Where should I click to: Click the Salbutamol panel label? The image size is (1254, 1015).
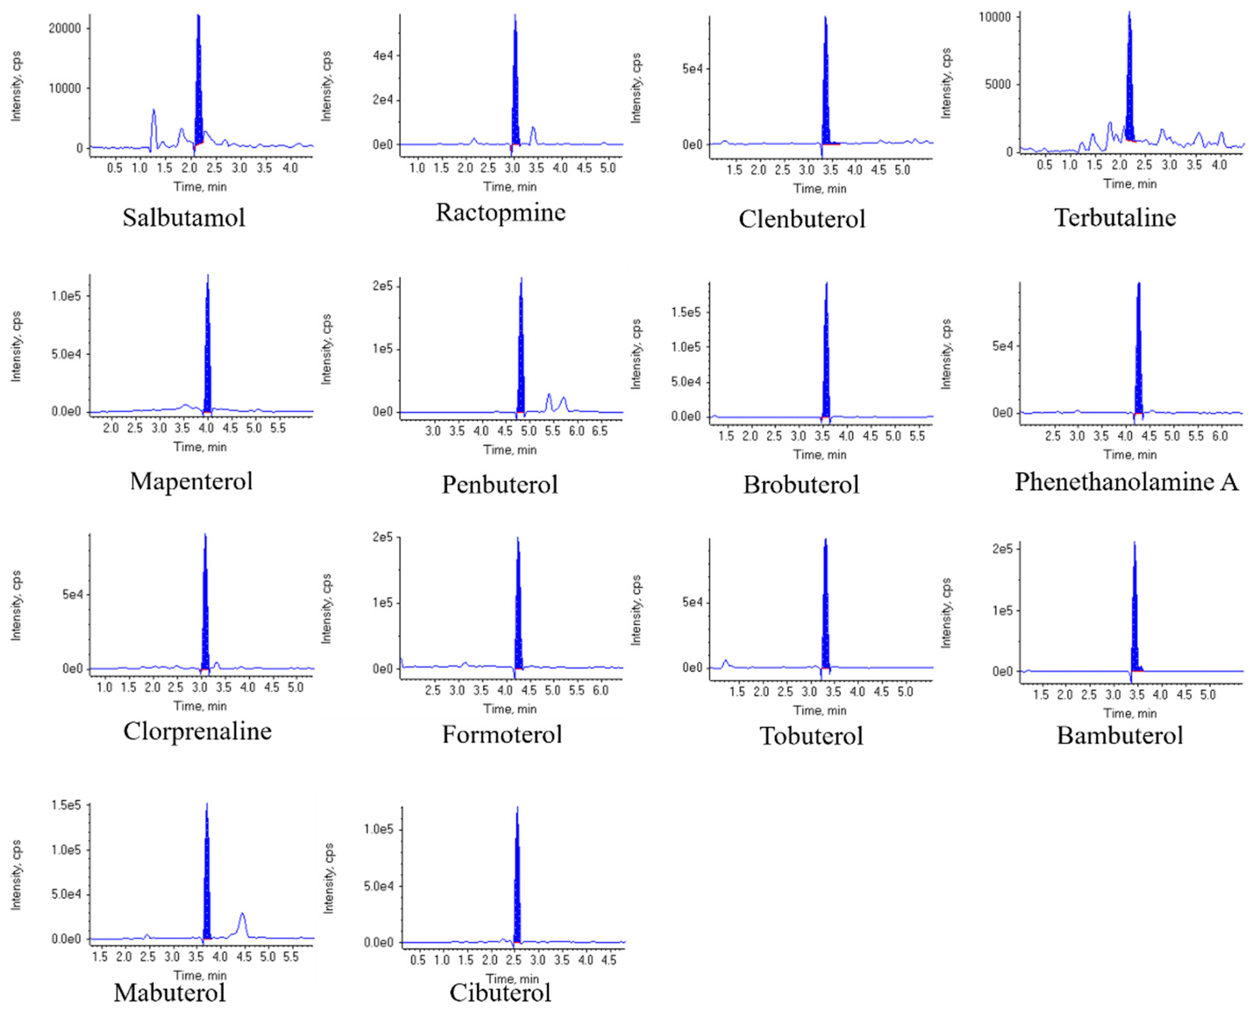pos(183,218)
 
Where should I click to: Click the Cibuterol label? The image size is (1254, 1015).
pos(500,992)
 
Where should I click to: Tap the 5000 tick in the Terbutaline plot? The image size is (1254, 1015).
pos(997,84)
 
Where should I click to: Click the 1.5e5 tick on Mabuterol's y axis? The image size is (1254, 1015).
pos(66,806)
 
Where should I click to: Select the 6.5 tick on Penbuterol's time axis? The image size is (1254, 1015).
pos(600,431)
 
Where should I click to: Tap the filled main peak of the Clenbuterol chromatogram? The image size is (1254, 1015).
pos(825,88)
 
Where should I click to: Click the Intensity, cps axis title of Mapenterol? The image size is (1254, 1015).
pos(16,347)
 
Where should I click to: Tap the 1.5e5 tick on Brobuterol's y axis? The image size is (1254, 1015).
pos(685,312)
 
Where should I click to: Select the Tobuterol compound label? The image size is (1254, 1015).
pos(811,736)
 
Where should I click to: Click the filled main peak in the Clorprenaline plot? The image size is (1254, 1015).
pos(205,608)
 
